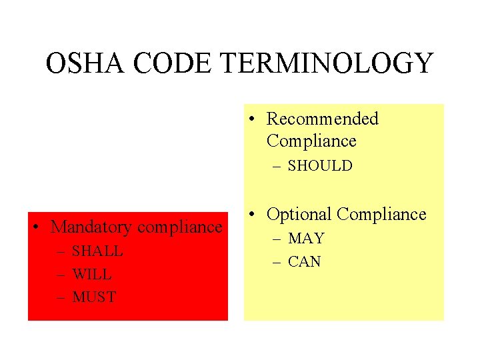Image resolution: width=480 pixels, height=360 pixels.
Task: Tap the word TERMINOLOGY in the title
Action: tap(327, 64)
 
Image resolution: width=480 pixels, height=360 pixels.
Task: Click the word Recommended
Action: tap(322, 119)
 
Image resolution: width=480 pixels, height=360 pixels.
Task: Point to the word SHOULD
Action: tap(320, 166)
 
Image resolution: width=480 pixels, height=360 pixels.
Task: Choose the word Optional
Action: tap(299, 215)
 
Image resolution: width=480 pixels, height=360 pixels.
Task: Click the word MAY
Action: tap(306, 239)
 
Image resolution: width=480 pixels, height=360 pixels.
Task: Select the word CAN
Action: tap(305, 262)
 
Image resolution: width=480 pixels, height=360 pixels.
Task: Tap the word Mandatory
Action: tap(91, 227)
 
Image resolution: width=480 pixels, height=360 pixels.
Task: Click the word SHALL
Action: tap(97, 251)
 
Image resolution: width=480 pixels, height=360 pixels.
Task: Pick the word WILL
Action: tap(92, 275)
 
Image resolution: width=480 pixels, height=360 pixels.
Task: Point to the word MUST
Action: tap(94, 297)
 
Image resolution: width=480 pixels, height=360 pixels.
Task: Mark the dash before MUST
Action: tap(61, 297)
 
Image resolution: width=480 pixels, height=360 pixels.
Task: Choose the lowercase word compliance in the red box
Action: tap(179, 227)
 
